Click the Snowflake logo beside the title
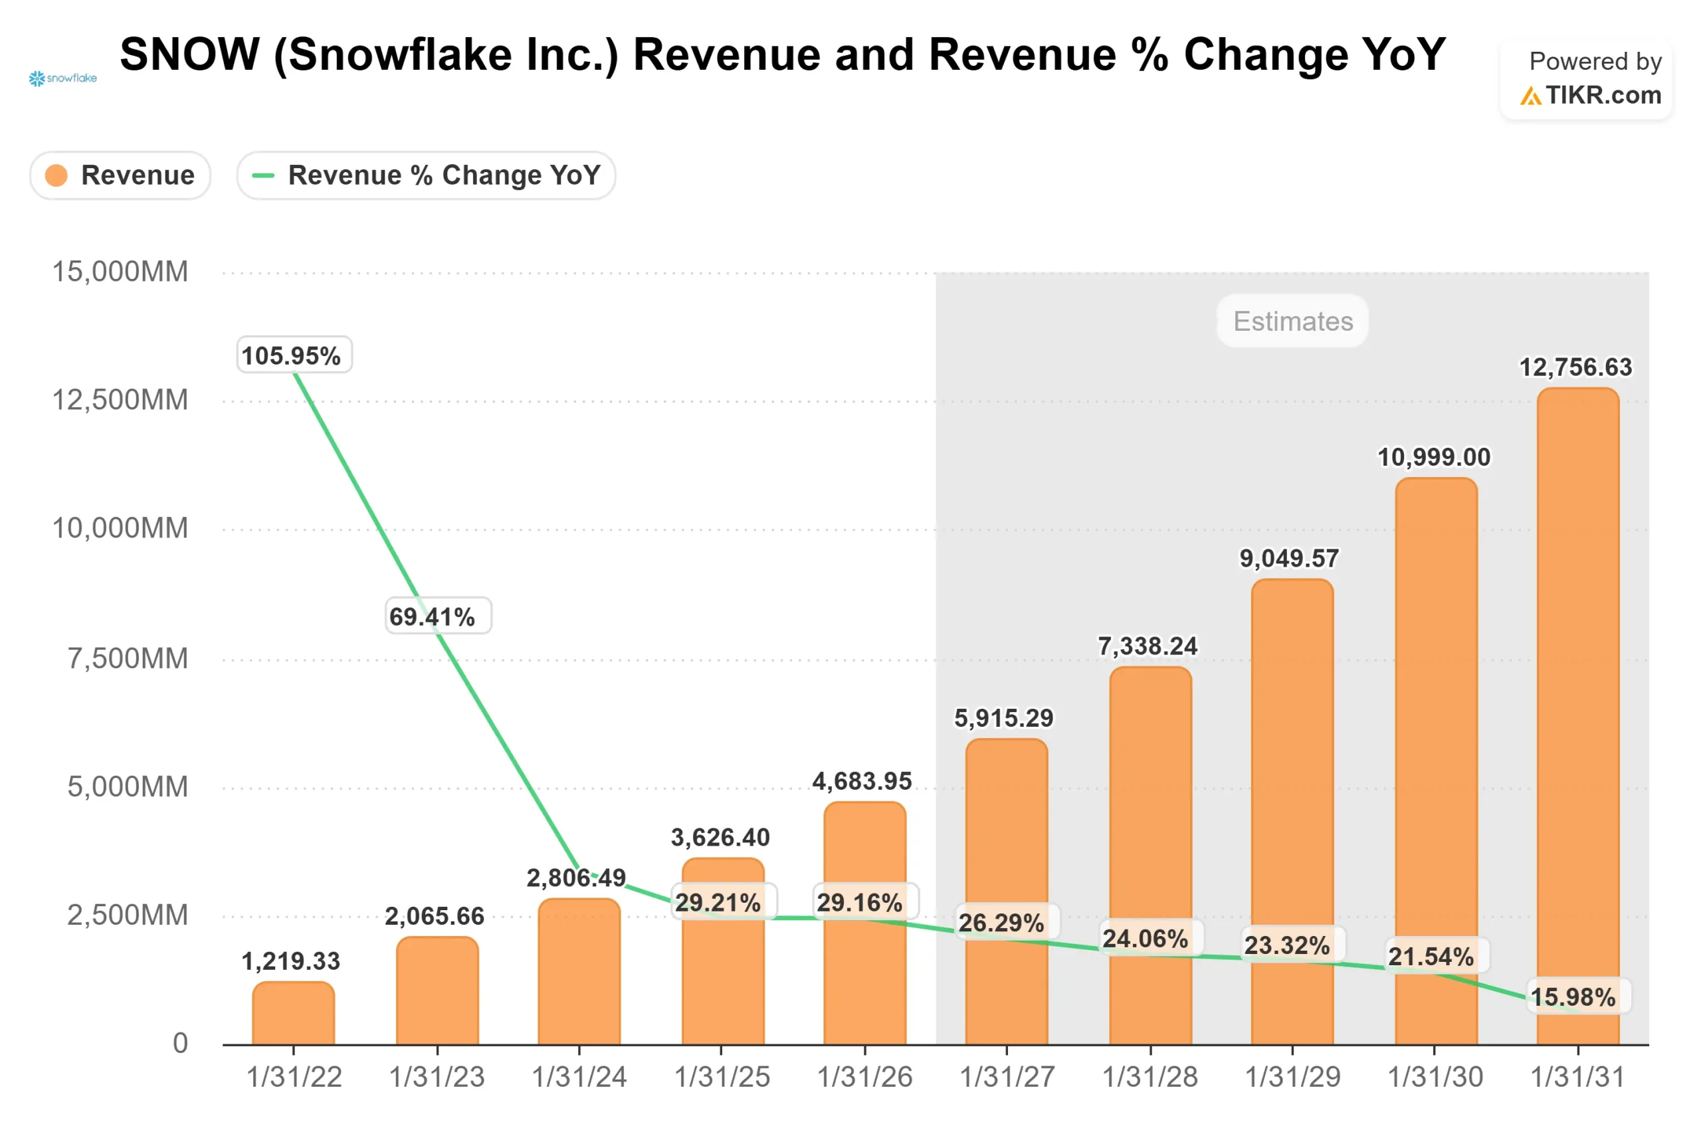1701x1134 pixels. pos(63,78)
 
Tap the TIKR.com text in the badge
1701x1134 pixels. pos(1603,96)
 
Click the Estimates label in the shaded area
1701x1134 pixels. pos(1292,321)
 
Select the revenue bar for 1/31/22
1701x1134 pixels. pos(294,1014)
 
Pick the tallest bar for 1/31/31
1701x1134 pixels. pos(1577,716)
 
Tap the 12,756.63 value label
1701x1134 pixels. pos(1575,367)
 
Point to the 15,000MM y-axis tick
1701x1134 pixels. pos(120,272)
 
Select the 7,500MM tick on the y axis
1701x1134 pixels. pos(128,659)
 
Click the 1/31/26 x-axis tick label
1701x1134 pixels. pos(864,1078)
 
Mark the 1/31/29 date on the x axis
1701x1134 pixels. pos(1292,1078)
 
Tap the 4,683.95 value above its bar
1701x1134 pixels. pos(861,781)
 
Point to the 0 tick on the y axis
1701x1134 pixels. pos(180,1044)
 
